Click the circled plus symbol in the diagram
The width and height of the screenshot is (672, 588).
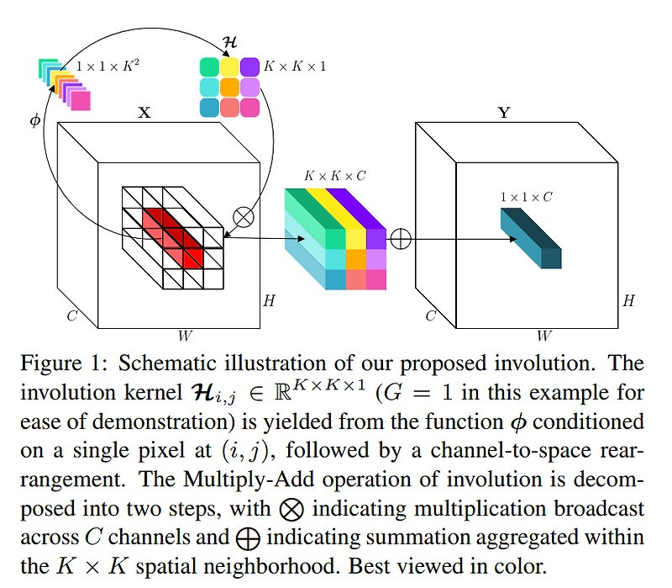coord(401,239)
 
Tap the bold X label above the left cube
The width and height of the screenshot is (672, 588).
coord(144,112)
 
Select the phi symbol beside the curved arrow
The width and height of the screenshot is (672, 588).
coord(34,121)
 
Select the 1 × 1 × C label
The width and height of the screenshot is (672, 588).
coord(526,197)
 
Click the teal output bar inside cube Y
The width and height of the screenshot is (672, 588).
coord(529,238)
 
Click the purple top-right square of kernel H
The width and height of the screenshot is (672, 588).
coord(250,67)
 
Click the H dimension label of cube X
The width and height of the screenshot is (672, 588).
coord(269,300)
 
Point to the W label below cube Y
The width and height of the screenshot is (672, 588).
coord(543,336)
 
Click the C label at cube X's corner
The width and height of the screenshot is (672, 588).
coord(72,316)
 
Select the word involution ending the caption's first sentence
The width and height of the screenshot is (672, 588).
coord(544,365)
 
